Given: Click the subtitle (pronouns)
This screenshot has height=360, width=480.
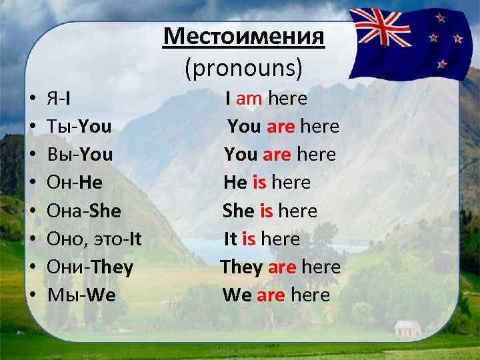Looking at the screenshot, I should point(244,66).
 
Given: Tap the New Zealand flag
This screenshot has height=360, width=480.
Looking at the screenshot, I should point(407,41).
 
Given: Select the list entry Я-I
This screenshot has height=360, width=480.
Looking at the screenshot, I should point(59,99).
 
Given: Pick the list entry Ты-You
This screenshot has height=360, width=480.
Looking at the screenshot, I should point(79,127).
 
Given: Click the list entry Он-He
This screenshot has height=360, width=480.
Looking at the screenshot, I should point(75,183).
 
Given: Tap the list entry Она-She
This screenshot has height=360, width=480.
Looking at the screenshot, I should point(84,211).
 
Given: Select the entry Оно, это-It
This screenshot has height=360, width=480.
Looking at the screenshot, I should point(94,239).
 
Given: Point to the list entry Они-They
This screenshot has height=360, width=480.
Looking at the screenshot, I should point(90,267).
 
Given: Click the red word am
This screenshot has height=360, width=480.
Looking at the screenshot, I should point(249,99).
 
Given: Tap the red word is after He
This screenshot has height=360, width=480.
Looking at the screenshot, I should point(259,183).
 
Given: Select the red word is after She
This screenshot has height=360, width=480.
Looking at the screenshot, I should point(266,211).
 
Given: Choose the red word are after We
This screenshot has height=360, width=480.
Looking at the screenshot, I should point(271,295).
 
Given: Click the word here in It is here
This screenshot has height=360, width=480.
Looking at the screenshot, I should point(280,239).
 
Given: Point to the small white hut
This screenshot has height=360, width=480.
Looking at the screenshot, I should point(407,327).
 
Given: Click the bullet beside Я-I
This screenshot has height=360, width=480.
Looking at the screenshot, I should point(32,99).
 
